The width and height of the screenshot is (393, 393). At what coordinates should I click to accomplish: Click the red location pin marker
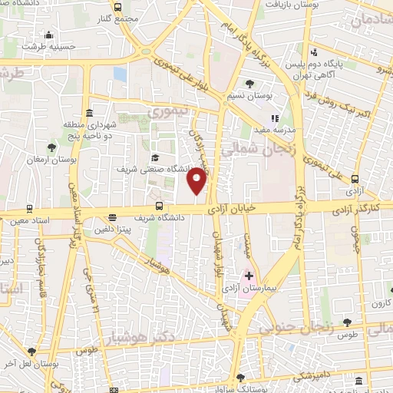pos(197,180)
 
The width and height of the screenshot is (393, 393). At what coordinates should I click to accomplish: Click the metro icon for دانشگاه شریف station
pos(160,206)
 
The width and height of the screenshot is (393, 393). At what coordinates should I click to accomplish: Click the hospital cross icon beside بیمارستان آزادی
pos(249,275)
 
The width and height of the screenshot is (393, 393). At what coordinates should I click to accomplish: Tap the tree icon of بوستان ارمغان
pos(51,147)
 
